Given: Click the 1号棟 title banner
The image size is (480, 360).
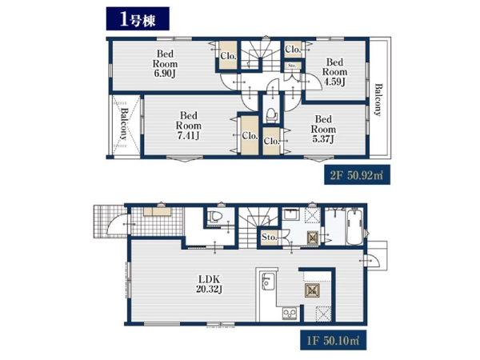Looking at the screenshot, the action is [138, 19].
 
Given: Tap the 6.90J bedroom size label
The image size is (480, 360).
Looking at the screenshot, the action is [165, 74].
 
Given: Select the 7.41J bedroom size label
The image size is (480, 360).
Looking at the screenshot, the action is [189, 136].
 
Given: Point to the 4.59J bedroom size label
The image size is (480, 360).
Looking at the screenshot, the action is [334, 82].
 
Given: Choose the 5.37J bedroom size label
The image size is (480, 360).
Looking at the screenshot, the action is [323, 139].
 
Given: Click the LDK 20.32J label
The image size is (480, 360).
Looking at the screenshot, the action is [209, 284].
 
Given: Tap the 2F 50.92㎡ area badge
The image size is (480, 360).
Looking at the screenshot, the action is [357, 175].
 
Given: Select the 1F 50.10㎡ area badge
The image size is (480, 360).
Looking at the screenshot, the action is [333, 340].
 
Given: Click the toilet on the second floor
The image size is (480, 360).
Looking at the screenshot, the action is [271, 115].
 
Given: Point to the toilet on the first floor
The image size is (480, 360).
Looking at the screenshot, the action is [214, 217].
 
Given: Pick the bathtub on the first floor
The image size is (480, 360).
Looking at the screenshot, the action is [354, 226].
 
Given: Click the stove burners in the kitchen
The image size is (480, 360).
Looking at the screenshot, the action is [290, 314].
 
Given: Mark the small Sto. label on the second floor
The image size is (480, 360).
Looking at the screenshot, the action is [292, 66].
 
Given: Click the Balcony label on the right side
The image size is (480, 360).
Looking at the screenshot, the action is [378, 100].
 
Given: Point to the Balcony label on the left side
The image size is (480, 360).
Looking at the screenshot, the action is [124, 124].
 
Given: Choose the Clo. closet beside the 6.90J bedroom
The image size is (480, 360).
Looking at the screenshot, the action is [228, 56].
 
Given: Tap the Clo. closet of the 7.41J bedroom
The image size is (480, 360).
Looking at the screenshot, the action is [250, 135].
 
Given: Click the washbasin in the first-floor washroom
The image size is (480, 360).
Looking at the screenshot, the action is [290, 214].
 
